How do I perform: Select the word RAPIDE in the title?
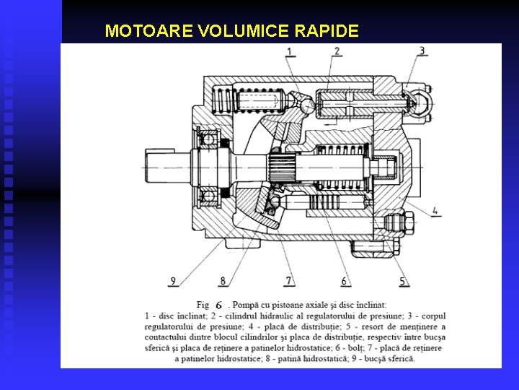click(x=327, y=31)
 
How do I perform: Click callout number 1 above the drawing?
click(x=290, y=51)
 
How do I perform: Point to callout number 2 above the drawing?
click(x=337, y=51)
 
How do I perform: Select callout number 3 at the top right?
click(x=422, y=51)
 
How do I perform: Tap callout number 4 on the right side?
click(x=435, y=212)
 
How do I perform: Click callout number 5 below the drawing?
click(x=403, y=281)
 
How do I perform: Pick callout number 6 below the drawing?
click(x=345, y=281)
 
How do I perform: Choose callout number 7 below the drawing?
click(x=289, y=280)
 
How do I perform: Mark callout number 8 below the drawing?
click(x=223, y=280)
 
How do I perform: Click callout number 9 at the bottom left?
click(x=172, y=280)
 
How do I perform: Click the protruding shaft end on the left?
click(x=163, y=168)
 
